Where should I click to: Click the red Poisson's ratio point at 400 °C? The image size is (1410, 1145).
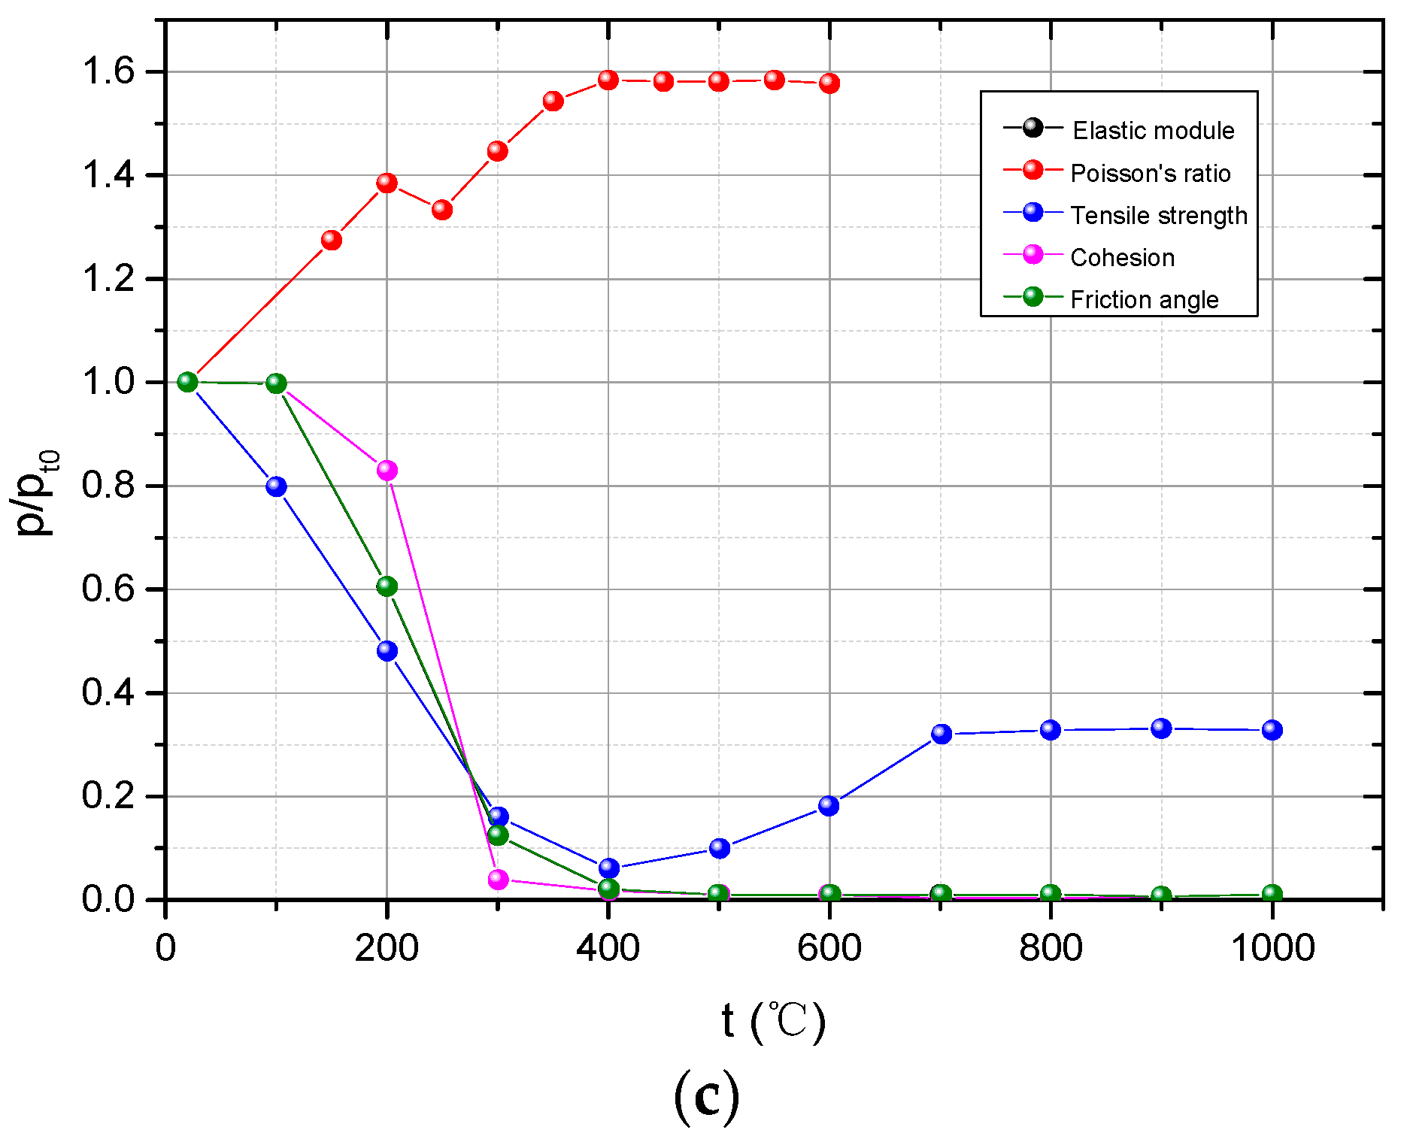[x=608, y=80]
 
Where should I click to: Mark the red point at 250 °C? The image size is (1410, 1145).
[x=442, y=210]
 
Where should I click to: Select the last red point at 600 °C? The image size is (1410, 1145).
[x=829, y=83]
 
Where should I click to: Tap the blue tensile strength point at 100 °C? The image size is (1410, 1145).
[x=276, y=486]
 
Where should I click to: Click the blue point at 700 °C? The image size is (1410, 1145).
[x=941, y=734]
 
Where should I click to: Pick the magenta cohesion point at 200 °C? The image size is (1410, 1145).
[x=387, y=471]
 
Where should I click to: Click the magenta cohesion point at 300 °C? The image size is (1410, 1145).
[x=498, y=879]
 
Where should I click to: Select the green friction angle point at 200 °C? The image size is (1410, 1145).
[x=387, y=586]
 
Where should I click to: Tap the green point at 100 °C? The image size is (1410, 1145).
[x=276, y=383]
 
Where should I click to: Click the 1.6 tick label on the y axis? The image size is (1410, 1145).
[x=108, y=72]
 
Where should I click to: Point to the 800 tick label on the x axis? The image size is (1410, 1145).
[x=1051, y=949]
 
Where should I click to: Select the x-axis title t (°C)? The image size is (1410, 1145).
[x=773, y=1022]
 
